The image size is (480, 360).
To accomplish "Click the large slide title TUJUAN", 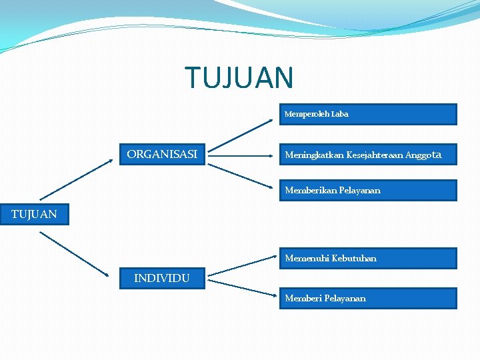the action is (x=239, y=77).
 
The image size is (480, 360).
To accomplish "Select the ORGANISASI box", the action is (x=162, y=155).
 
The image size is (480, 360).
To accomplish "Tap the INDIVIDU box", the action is (x=162, y=278).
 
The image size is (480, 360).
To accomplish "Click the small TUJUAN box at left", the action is (x=34, y=215).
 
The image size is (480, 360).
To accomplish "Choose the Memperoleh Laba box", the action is (x=367, y=114).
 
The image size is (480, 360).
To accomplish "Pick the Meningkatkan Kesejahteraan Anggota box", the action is (x=367, y=155).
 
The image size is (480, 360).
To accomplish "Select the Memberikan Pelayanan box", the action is (x=367, y=191).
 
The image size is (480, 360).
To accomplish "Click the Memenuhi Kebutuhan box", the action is (x=367, y=258).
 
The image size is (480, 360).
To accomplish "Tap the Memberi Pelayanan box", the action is (x=367, y=298).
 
